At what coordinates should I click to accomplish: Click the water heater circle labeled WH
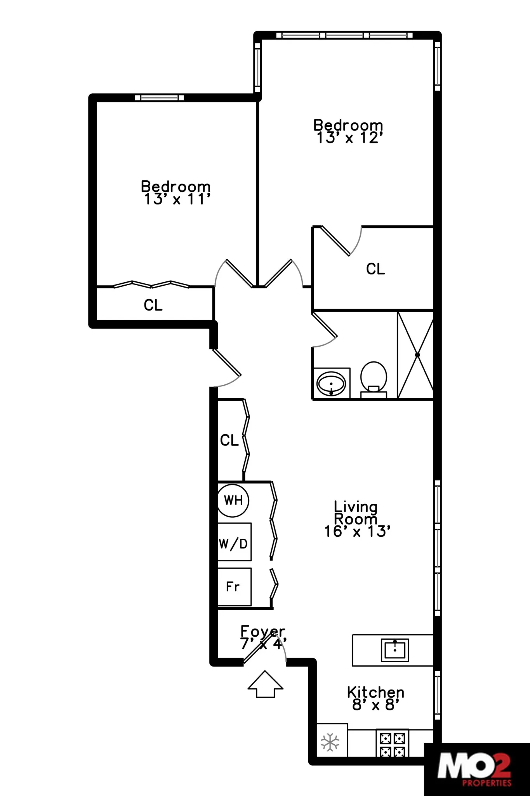click(233, 500)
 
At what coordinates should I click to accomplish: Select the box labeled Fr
click(234, 587)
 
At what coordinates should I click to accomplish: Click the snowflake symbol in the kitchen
click(330, 742)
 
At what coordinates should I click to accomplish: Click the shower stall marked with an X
click(415, 355)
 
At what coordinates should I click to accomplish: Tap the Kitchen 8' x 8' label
click(375, 698)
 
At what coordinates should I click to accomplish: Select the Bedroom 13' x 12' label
click(348, 131)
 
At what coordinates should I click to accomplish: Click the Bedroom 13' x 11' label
click(176, 193)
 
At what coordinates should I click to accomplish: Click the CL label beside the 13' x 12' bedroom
click(375, 269)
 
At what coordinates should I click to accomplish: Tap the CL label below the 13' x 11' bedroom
click(153, 305)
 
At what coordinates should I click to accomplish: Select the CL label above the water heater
click(229, 440)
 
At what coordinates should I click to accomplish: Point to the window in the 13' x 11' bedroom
click(159, 98)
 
